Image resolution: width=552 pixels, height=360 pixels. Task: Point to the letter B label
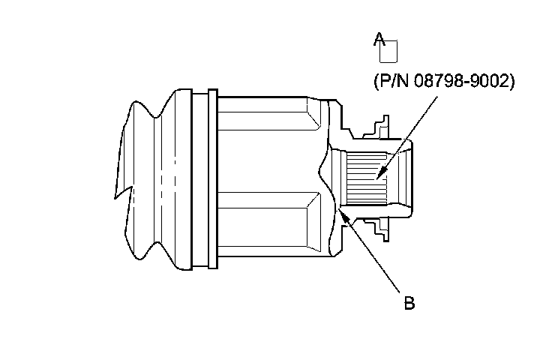409,303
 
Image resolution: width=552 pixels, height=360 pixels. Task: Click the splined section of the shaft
367,180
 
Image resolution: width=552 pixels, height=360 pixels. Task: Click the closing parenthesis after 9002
512,82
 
